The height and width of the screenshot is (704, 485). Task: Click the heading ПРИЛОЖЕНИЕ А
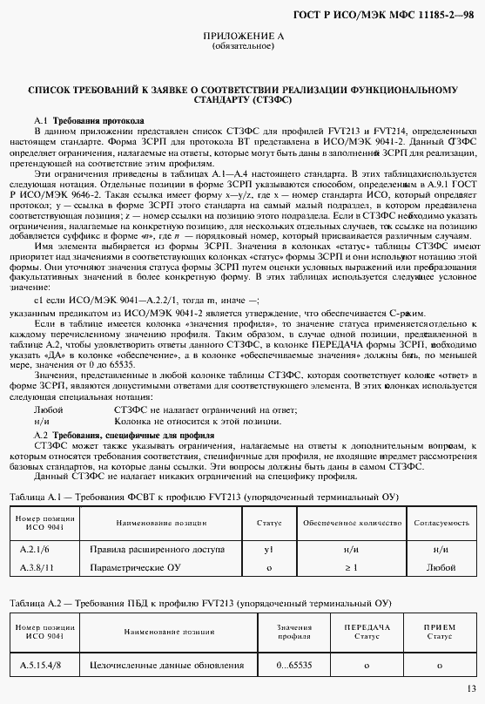click(x=242, y=35)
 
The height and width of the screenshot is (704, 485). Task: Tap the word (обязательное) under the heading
click(x=242, y=45)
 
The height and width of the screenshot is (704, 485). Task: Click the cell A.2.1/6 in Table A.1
click(x=36, y=551)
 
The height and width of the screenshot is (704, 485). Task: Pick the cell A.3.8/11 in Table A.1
click(x=37, y=567)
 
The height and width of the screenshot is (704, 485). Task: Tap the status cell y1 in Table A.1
click(x=269, y=551)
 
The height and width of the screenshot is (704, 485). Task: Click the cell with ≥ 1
click(x=351, y=567)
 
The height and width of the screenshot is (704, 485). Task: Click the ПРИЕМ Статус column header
click(x=439, y=632)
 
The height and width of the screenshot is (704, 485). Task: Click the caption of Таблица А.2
click(x=200, y=603)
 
